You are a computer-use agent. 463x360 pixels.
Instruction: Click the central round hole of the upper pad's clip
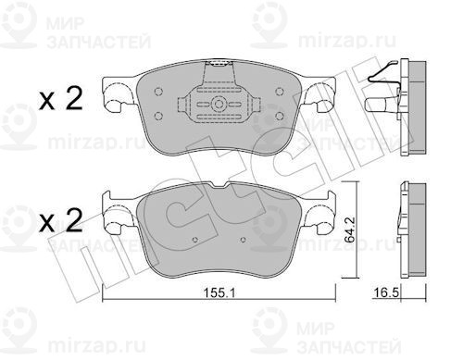[x=219, y=104]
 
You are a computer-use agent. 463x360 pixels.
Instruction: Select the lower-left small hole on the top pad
[x=156, y=116]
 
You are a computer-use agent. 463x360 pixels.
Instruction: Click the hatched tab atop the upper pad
[x=219, y=67]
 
